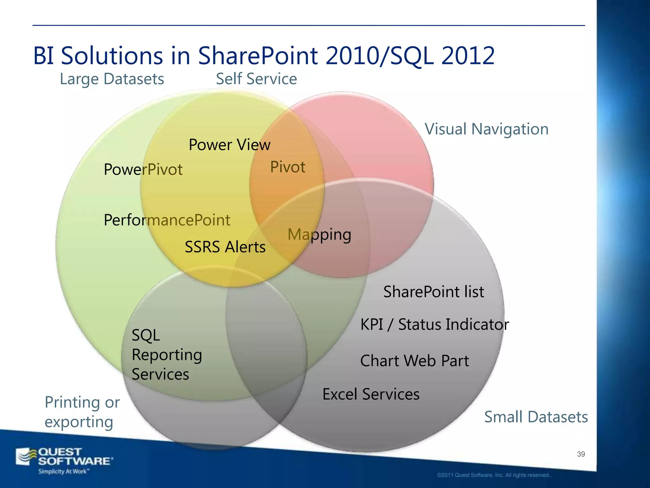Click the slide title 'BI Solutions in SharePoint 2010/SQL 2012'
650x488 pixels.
click(263, 56)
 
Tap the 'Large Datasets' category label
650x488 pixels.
click(112, 79)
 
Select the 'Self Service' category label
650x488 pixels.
click(256, 79)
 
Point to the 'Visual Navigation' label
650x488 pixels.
click(486, 129)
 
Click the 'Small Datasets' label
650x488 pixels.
click(536, 417)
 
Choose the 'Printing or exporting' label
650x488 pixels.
click(82, 412)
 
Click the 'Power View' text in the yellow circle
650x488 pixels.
click(229, 145)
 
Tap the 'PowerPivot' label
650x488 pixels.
click(143, 169)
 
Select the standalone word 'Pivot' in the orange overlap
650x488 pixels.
click(288, 167)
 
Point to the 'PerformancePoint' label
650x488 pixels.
click(167, 220)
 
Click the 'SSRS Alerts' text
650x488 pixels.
click(225, 247)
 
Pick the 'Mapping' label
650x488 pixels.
click(319, 235)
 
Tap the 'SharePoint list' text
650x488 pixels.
click(434, 292)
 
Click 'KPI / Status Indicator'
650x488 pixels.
click(434, 325)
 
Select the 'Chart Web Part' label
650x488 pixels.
click(414, 361)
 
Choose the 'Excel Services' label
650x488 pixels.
click(371, 394)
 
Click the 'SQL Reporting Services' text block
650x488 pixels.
click(166, 355)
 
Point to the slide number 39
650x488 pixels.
click(581, 454)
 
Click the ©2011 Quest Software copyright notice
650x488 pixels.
click(494, 475)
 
